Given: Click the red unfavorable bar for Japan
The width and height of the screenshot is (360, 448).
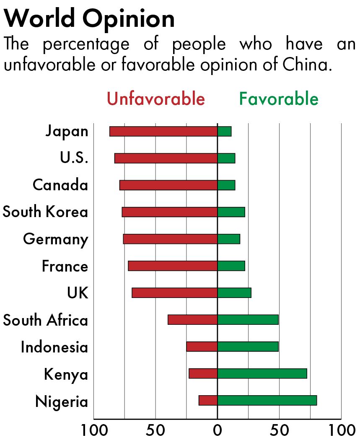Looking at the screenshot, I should point(163,131).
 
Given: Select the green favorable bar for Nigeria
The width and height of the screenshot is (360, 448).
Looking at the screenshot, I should point(267,400).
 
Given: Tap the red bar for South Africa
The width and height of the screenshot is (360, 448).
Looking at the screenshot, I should point(192,320).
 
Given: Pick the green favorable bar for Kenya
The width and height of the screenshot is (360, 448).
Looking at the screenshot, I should point(262,373).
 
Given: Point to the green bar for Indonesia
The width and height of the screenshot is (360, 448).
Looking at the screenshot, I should point(248,347).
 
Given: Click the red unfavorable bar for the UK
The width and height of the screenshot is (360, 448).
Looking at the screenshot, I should point(174,293).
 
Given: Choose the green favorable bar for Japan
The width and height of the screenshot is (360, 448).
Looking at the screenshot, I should point(224,131).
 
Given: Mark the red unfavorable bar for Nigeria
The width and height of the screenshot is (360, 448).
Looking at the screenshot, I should point(208,400).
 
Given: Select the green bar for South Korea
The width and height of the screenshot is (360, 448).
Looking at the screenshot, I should point(231,212).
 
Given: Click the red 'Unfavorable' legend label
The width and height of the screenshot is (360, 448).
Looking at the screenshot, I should point(156,99).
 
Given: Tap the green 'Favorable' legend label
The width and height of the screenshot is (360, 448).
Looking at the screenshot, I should point(279,99).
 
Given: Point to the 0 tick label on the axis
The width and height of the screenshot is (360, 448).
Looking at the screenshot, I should point(217,430).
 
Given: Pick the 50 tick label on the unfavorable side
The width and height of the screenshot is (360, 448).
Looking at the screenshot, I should point(155,430).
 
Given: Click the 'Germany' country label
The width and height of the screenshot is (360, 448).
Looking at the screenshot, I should point(56,239).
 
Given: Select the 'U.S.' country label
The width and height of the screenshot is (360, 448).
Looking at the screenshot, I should point(74,158).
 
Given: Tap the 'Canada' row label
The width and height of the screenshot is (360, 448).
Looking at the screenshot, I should point(60,185).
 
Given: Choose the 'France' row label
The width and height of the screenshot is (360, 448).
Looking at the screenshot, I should point(65,266).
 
